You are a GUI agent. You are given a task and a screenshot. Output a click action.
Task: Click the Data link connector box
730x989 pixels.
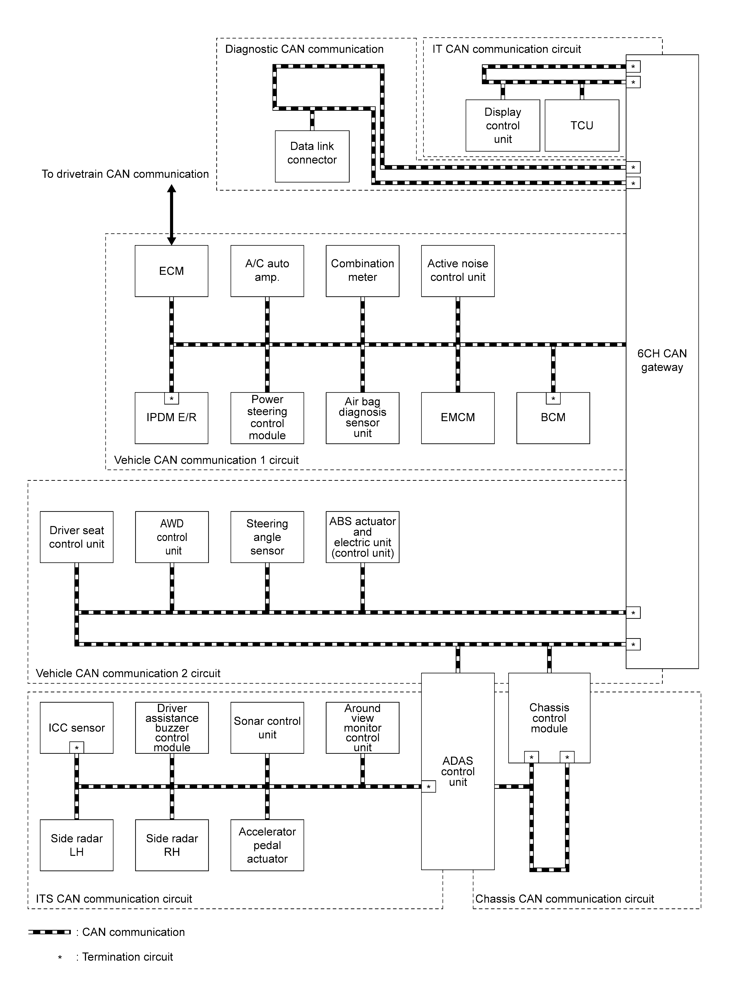(x=312, y=156)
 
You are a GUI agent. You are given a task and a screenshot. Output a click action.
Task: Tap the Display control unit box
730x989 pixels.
(x=503, y=125)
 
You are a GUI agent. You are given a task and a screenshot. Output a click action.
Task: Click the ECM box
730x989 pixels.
(x=171, y=271)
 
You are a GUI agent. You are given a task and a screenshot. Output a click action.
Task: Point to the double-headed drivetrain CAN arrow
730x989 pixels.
(x=171, y=215)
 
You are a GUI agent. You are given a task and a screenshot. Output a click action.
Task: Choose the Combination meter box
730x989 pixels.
(x=362, y=271)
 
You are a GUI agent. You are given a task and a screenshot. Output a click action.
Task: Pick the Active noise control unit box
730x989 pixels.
(x=458, y=271)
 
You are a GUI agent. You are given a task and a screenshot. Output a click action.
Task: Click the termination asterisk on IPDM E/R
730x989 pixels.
(x=171, y=398)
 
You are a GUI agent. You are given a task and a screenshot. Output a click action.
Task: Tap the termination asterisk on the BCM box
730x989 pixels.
(x=553, y=398)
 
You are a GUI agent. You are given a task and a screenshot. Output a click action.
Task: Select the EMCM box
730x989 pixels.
(x=458, y=418)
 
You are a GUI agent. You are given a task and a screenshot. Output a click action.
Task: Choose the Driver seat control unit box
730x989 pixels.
(x=76, y=537)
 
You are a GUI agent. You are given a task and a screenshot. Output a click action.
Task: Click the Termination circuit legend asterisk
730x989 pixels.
(x=60, y=957)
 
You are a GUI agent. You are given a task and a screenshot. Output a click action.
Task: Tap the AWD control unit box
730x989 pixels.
(x=172, y=537)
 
